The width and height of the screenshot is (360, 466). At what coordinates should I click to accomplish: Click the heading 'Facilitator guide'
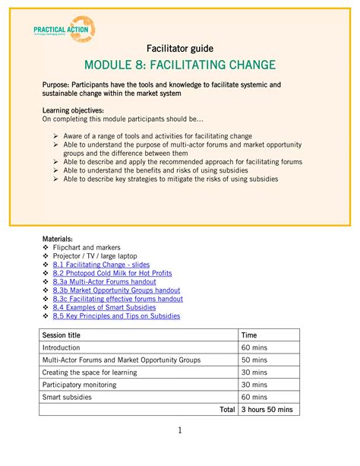tap(179, 49)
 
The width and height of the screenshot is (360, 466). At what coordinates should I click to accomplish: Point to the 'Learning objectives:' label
tap(73, 111)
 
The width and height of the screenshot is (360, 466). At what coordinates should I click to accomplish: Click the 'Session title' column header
tap(62, 335)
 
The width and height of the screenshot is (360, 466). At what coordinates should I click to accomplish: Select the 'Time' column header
tap(249, 335)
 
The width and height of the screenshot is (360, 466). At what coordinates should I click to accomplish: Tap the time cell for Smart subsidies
tap(254, 397)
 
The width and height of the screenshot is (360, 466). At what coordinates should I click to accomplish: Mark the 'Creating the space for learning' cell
tap(90, 372)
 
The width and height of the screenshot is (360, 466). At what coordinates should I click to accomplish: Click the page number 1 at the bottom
tap(180, 431)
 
